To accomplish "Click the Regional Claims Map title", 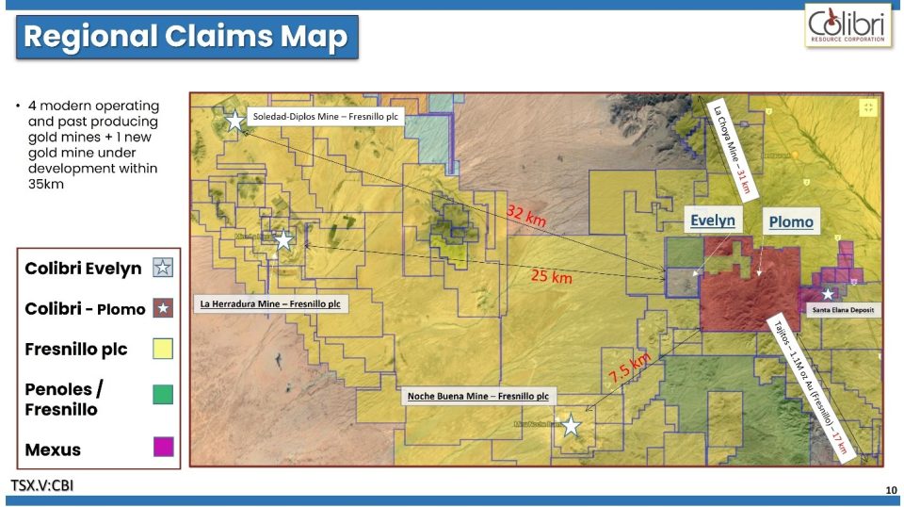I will [186, 38].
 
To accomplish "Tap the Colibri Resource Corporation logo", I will [847, 25].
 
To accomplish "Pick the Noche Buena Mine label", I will [477, 397].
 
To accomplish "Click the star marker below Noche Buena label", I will [571, 425].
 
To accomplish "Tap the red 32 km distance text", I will [526, 216].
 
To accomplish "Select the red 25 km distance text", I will [551, 276].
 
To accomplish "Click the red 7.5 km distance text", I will [628, 367].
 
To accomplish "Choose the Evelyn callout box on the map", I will [713, 221].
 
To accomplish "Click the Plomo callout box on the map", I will [790, 222].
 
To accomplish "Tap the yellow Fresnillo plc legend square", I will [163, 349].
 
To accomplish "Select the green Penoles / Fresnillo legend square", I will [163, 394].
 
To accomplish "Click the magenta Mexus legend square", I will [163, 447].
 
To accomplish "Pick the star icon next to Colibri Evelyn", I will [163, 268].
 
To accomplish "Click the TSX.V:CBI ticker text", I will [42, 485].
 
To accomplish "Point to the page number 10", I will [890, 490].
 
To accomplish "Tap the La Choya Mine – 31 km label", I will [732, 146].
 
